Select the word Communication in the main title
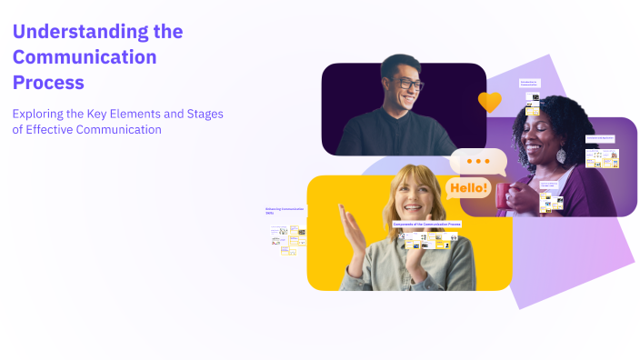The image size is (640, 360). (x=85, y=57)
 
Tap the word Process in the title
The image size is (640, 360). (x=48, y=83)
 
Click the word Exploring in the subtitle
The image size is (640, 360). (x=40, y=114)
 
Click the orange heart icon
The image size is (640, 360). (x=489, y=102)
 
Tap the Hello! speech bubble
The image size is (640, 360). (x=467, y=189)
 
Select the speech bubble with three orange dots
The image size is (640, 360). (x=477, y=162)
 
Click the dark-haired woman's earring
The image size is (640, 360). (x=561, y=155)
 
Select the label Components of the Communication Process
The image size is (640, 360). (x=426, y=224)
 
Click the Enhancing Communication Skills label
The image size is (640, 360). (x=285, y=211)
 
